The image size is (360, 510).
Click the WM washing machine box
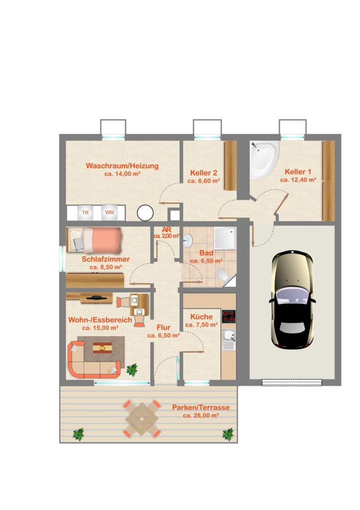[110, 213]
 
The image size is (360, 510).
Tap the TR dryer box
[85, 213]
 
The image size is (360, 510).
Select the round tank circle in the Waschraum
[145, 213]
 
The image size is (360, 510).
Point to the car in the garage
[292, 299]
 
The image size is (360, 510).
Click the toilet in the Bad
[223, 276]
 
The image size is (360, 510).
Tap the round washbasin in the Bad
[188, 240]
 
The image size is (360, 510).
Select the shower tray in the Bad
[225, 238]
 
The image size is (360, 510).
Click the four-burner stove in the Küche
[229, 316]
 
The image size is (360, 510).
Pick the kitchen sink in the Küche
[229, 340]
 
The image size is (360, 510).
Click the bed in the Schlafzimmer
[94, 240]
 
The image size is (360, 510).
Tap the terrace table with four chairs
[142, 419]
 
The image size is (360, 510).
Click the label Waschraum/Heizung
[122, 166]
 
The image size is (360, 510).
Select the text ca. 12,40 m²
[298, 180]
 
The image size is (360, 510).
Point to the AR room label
[166, 229]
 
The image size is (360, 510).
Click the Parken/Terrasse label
[201, 407]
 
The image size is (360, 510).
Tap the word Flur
[164, 327]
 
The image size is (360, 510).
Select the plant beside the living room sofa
[132, 370]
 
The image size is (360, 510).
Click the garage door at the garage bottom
[292, 382]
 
